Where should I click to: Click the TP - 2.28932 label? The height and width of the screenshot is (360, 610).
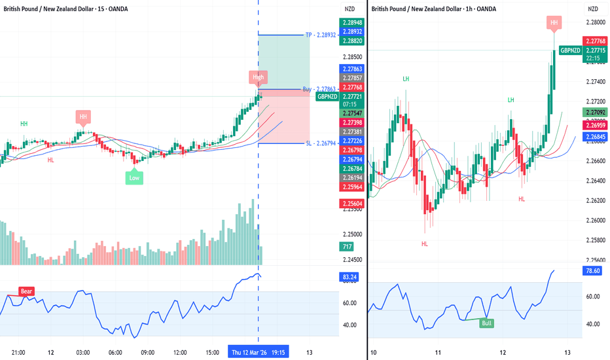tap(321, 34)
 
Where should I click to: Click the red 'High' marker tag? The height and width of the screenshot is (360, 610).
tap(259, 77)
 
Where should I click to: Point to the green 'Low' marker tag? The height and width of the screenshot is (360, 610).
tap(134, 177)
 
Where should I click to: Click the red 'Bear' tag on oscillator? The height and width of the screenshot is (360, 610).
tap(27, 291)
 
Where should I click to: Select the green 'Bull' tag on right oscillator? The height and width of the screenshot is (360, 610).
tap(486, 323)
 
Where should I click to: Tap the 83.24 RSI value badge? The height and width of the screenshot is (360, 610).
tap(349, 278)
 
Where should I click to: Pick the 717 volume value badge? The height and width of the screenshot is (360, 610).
tap(346, 247)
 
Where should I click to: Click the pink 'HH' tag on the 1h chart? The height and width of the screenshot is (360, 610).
tap(554, 23)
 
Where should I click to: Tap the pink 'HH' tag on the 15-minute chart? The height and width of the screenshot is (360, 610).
tap(83, 117)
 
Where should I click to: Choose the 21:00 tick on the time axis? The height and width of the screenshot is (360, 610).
tap(18, 352)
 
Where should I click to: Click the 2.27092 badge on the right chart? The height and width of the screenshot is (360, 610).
tap(594, 113)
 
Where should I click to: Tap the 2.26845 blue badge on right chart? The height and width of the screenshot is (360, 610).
tap(594, 137)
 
